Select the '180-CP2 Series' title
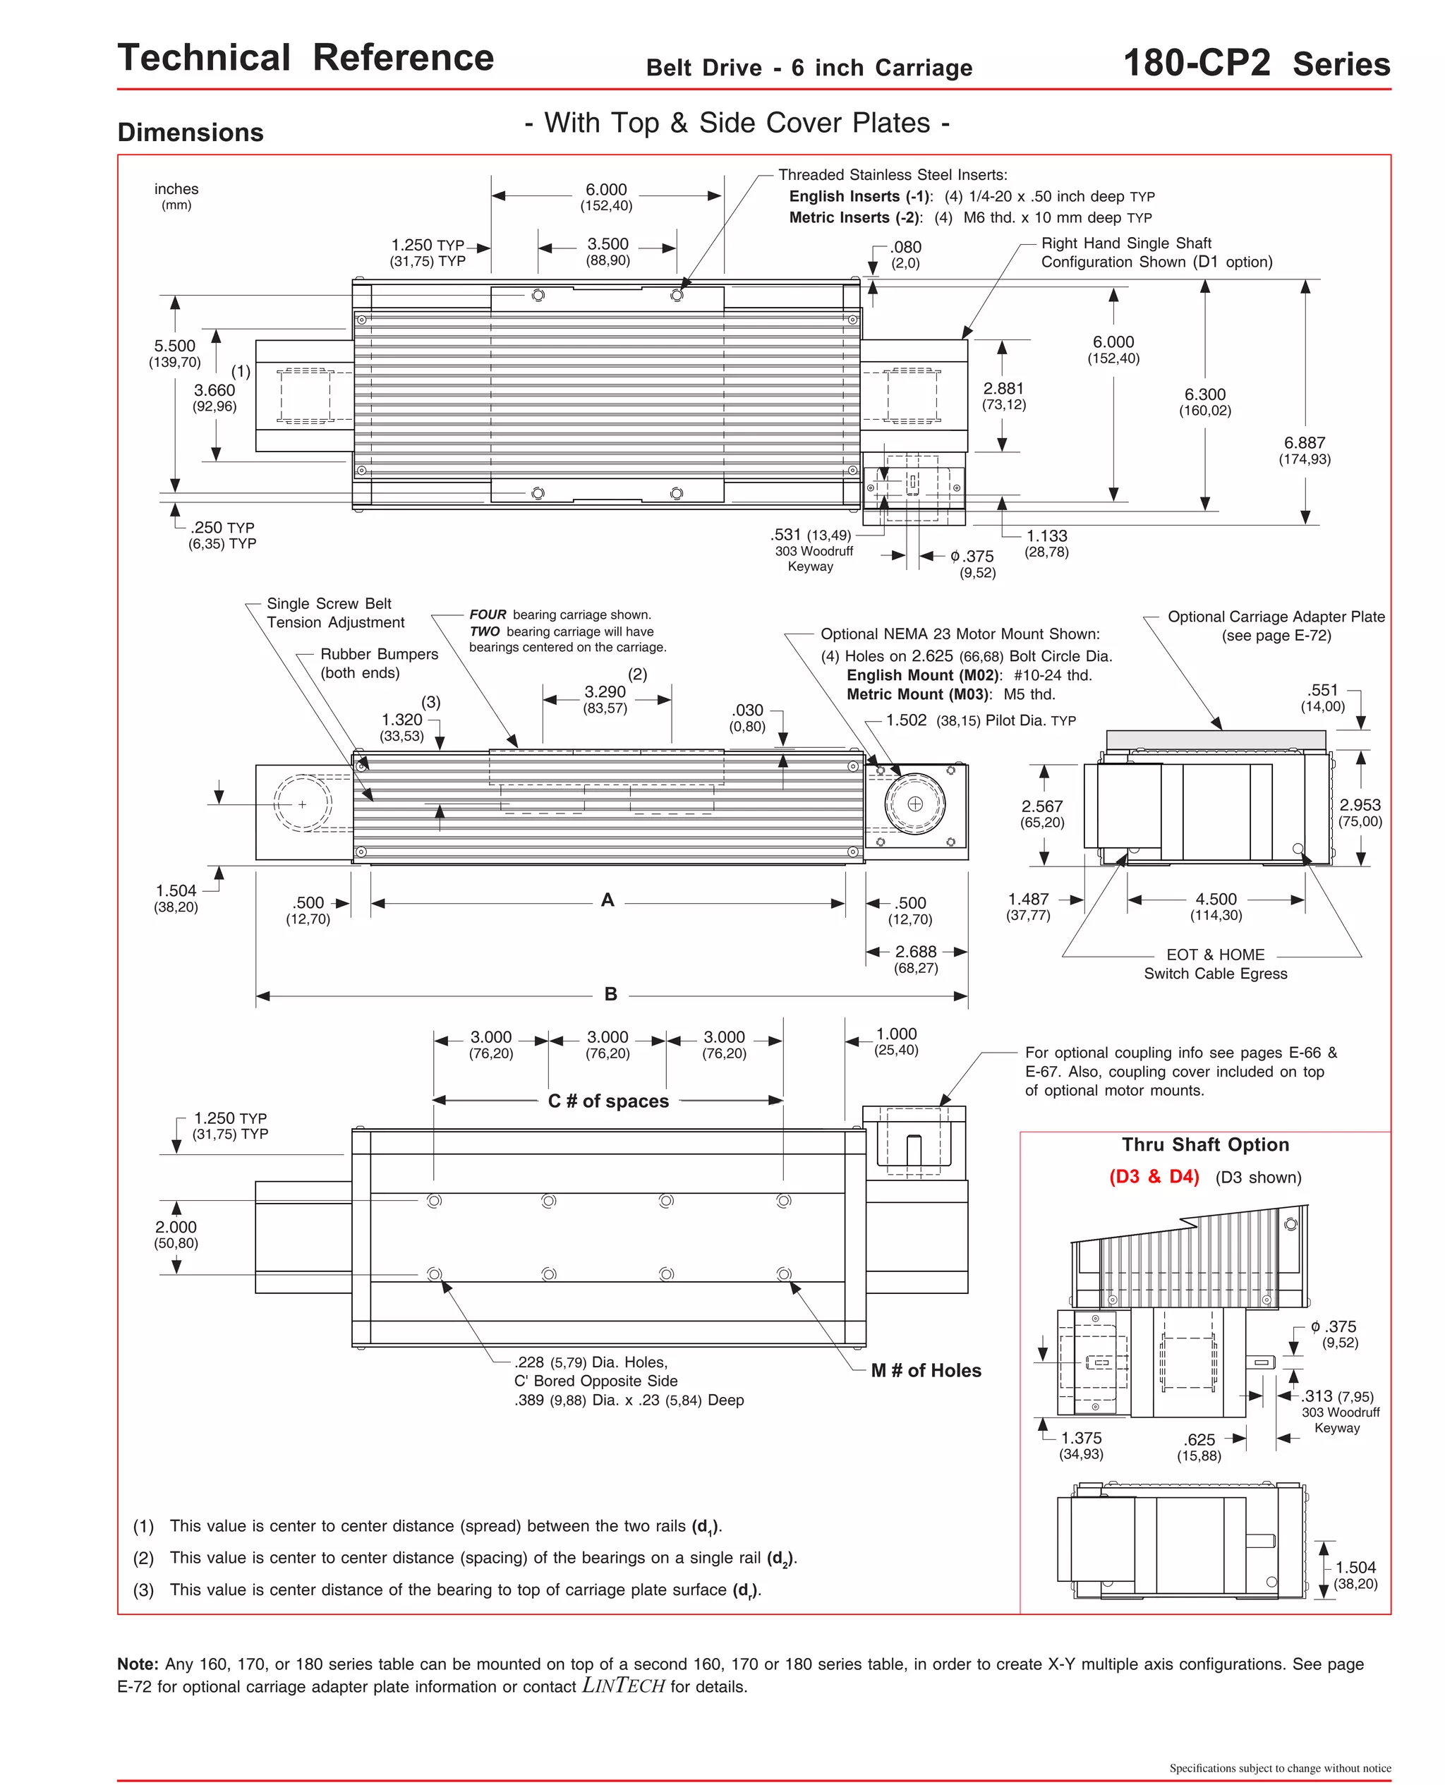(1256, 64)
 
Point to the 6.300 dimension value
(1204, 394)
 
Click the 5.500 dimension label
(175, 346)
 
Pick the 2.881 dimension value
(1003, 389)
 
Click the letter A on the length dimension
(607, 900)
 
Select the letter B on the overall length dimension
(611, 994)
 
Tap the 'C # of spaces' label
(607, 1101)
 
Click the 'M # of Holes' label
(926, 1371)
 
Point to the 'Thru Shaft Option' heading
(1205, 1145)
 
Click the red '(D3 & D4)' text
(1154, 1177)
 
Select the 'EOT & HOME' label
(1215, 955)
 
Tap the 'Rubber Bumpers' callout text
(379, 654)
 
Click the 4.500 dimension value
(1216, 900)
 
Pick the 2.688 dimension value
(916, 952)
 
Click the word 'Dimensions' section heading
(191, 133)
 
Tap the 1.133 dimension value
(1046, 537)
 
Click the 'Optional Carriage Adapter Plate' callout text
(1276, 617)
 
